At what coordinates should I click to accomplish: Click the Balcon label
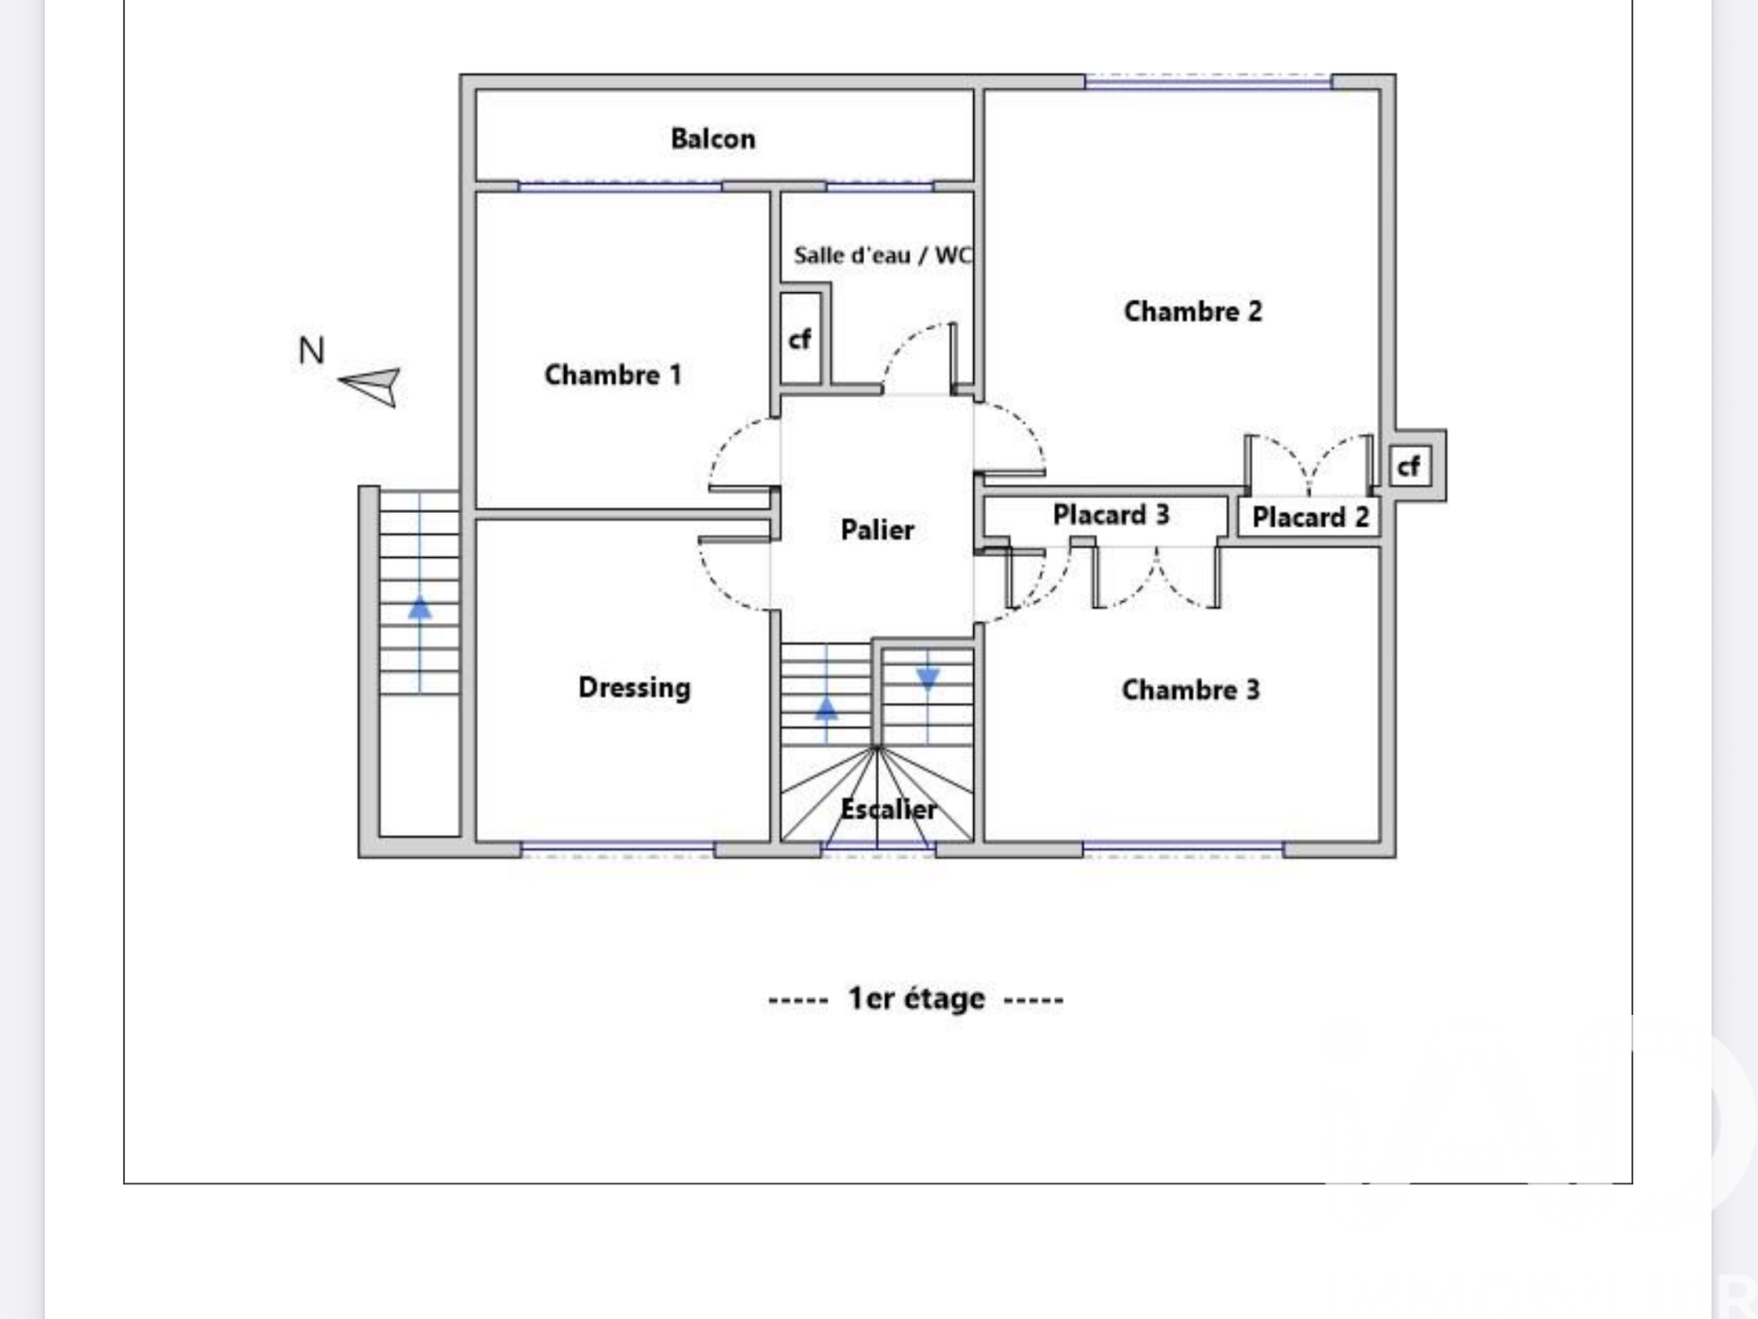[713, 139]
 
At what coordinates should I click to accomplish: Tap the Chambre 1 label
[613, 375]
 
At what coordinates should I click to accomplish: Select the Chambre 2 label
[1192, 311]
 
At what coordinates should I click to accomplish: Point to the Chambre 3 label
[1190, 690]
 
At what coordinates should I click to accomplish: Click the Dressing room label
[635, 688]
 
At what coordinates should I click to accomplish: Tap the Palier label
[877, 529]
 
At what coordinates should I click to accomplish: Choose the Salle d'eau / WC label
[883, 255]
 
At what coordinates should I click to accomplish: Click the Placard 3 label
[1111, 515]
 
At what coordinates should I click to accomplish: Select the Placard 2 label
[1310, 518]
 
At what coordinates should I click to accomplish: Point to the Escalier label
[888, 810]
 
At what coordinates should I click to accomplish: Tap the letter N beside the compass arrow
[311, 351]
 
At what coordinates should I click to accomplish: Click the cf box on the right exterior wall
[1408, 466]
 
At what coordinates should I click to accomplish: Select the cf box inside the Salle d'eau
[799, 340]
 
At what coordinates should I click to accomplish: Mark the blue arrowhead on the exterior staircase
[419, 607]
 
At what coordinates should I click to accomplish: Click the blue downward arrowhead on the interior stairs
[928, 679]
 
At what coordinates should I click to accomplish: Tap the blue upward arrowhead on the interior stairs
[826, 708]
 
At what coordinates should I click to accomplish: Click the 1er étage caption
[917, 998]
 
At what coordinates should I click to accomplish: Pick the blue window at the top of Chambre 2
[1208, 83]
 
